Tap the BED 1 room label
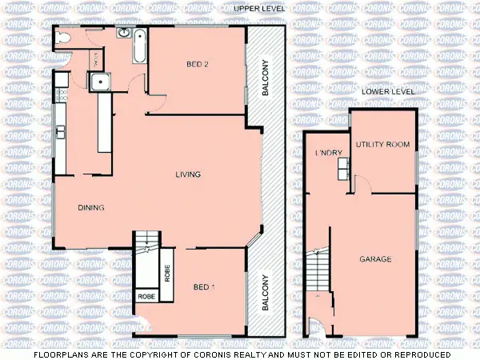click(205, 286)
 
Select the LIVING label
click(189, 174)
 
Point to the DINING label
click(91, 208)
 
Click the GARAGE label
click(374, 259)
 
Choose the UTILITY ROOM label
click(382, 145)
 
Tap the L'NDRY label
click(328, 153)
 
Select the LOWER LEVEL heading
click(388, 92)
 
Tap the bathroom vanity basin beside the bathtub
click(124, 33)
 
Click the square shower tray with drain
click(102, 81)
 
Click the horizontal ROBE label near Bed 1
click(146, 296)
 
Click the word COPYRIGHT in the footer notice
click(182, 354)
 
